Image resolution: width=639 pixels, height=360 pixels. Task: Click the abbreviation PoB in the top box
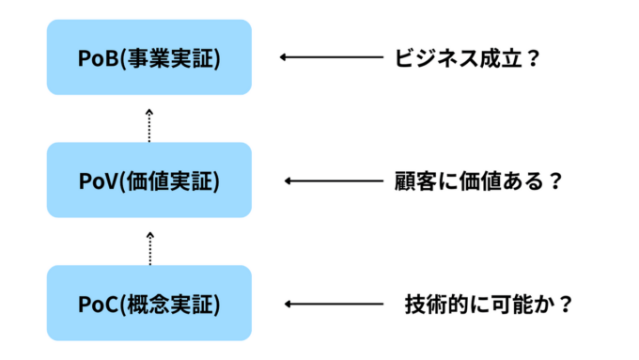click(x=96, y=57)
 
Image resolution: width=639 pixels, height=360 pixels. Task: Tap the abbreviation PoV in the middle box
click(x=96, y=180)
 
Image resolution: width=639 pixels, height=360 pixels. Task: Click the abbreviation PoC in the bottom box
click(x=96, y=304)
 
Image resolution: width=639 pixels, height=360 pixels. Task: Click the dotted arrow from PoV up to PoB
click(x=149, y=123)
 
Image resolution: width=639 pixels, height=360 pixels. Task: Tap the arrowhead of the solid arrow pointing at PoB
click(x=284, y=57)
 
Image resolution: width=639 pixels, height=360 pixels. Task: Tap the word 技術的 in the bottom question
click(x=435, y=304)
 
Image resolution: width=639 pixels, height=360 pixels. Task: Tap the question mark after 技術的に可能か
click(x=564, y=304)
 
